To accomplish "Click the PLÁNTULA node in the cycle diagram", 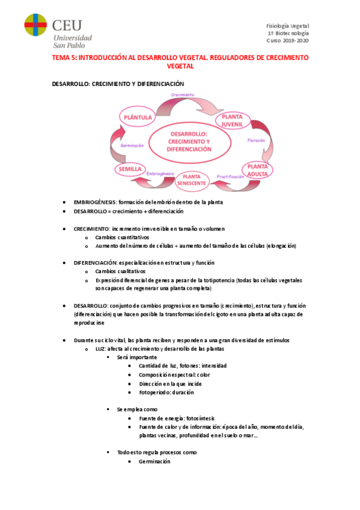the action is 136,117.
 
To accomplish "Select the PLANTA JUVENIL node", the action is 231,120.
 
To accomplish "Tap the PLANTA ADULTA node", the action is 257,170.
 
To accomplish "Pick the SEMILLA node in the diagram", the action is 130,170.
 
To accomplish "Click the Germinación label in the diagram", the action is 131,146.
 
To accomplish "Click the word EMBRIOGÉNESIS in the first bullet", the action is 95,202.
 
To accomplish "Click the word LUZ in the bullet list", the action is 100,349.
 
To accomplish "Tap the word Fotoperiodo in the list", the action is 154,392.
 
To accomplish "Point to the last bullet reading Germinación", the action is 154,461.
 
